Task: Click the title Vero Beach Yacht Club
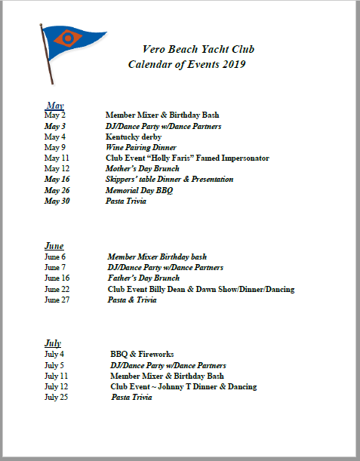click(198, 49)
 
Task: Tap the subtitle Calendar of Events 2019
click(186, 65)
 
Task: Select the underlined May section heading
click(55, 105)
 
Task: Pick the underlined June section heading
click(54, 246)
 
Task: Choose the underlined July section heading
click(53, 343)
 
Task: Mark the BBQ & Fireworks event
click(142, 354)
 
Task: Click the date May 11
click(57, 158)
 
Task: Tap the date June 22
click(57, 289)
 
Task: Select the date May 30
click(57, 201)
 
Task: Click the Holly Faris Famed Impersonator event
click(187, 158)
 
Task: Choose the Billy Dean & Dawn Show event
click(203, 289)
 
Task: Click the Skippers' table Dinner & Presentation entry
click(169, 180)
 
